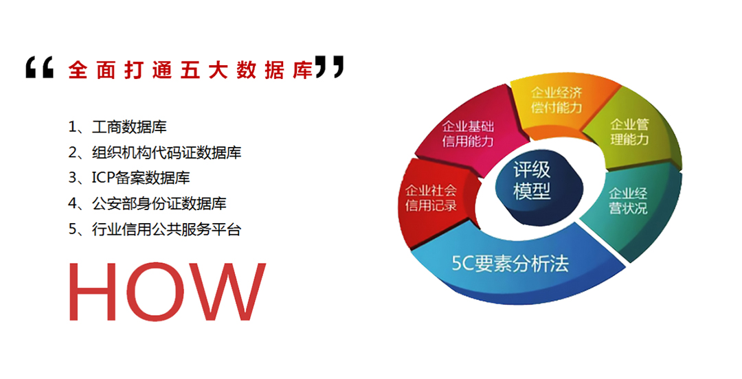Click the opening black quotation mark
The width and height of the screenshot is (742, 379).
[39, 67]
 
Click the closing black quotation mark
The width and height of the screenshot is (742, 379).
[330, 67]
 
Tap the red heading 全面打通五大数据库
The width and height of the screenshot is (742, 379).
[191, 70]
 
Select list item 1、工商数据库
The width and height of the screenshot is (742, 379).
[117, 127]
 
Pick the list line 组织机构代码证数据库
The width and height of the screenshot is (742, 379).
[166, 152]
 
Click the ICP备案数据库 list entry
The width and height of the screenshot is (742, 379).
[141, 178]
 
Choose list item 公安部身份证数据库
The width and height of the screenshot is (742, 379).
[159, 203]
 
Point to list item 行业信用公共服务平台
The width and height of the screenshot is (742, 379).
[166, 229]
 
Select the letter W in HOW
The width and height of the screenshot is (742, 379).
[228, 292]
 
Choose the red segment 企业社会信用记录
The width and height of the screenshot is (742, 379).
[431, 198]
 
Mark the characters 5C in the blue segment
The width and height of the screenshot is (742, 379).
[463, 264]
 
